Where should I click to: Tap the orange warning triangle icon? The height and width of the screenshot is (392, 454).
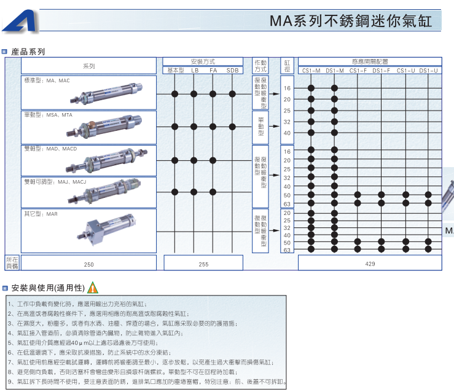93,287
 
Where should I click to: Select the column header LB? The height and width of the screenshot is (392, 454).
195,71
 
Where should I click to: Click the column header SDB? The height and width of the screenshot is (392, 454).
232,71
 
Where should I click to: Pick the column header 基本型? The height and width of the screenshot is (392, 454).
176,71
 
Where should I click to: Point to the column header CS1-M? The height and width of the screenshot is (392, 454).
311,71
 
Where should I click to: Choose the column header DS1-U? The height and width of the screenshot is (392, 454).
429,71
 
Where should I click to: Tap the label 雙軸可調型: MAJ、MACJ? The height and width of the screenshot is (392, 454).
55,182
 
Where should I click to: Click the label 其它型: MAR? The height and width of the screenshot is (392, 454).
41,214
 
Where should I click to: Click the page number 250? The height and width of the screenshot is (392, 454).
88,264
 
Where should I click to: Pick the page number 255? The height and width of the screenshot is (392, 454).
204,264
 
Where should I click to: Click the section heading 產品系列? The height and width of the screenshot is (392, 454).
28,52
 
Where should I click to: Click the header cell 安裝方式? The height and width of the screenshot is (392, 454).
204,61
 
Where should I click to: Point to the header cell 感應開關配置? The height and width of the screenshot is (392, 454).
370,61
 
